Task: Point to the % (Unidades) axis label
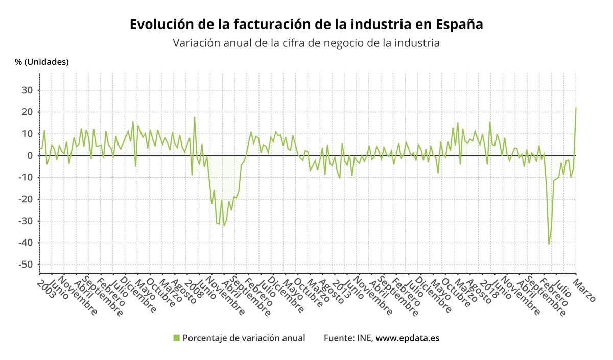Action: (x=42, y=62)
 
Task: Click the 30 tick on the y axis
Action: (x=27, y=90)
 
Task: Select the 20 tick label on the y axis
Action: (x=27, y=112)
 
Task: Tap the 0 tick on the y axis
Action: (x=30, y=156)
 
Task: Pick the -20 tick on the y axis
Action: (x=25, y=199)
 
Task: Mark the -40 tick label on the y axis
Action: (x=25, y=243)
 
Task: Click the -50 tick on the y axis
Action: (x=25, y=265)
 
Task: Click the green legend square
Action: (x=177, y=338)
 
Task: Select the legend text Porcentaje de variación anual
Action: (x=244, y=338)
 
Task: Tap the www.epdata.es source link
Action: (x=408, y=338)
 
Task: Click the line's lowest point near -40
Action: (x=549, y=244)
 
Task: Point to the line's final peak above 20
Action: (x=576, y=108)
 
